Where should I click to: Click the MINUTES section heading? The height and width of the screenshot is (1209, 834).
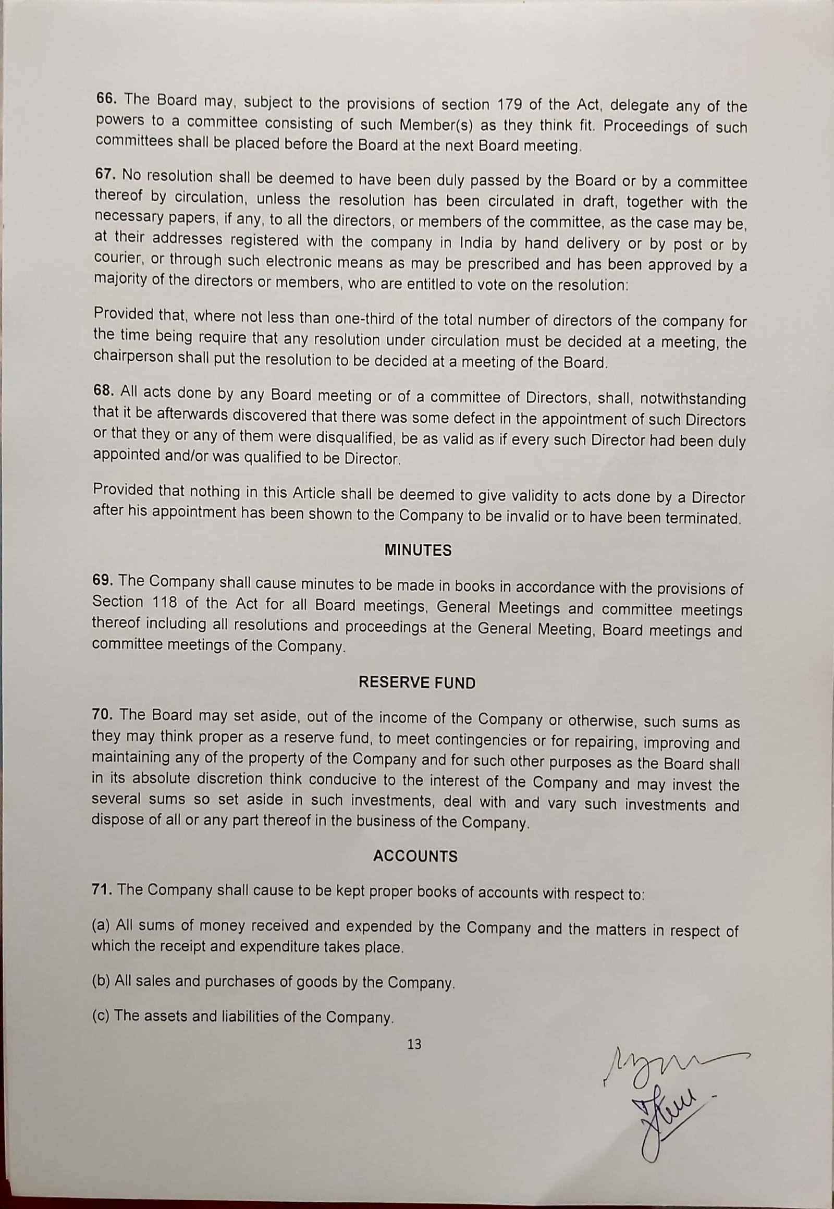(x=418, y=551)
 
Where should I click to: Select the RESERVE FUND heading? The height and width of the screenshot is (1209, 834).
(x=417, y=683)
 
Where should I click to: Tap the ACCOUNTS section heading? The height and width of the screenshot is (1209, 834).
(x=415, y=856)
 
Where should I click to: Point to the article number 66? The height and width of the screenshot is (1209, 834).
(x=107, y=99)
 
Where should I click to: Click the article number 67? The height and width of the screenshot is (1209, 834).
(x=105, y=175)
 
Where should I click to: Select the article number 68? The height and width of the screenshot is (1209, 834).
(x=104, y=391)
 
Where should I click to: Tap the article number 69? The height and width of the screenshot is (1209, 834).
(x=103, y=580)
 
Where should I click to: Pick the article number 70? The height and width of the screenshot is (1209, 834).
(x=102, y=715)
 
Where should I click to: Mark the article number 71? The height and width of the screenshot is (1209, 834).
(x=102, y=889)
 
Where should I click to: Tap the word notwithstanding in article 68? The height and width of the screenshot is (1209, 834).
(x=693, y=399)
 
